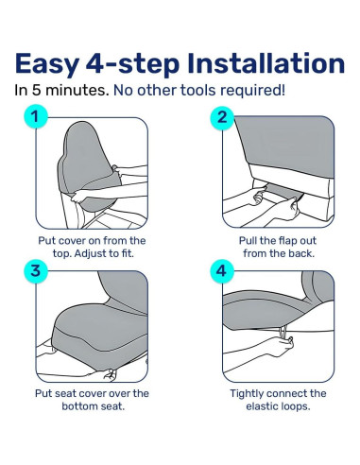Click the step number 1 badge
[35, 118]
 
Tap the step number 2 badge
[223, 118]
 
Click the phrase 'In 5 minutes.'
[60, 91]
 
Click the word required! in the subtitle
[257, 91]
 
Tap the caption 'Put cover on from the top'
[91, 242]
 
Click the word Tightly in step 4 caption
[252, 393]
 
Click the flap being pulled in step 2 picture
[283, 194]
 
